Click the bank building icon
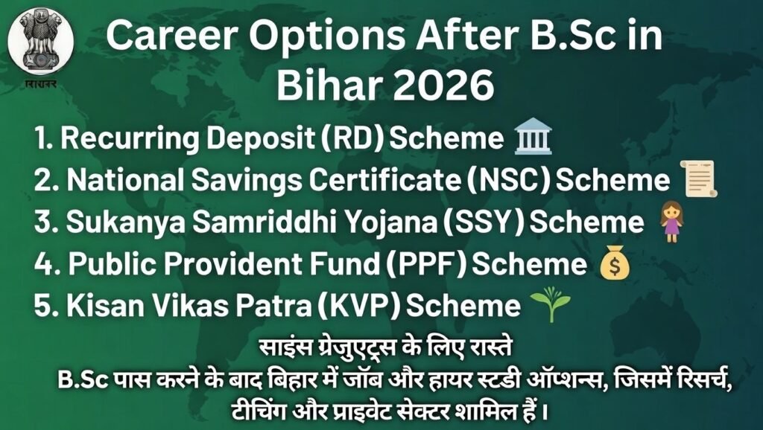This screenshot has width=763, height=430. pos(533,138)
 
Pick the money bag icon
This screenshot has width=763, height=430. pos(615,264)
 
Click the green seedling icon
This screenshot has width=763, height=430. pos(550,307)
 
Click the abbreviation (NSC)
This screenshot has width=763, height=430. pos(513,181)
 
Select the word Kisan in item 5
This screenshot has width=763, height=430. pos(96,306)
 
